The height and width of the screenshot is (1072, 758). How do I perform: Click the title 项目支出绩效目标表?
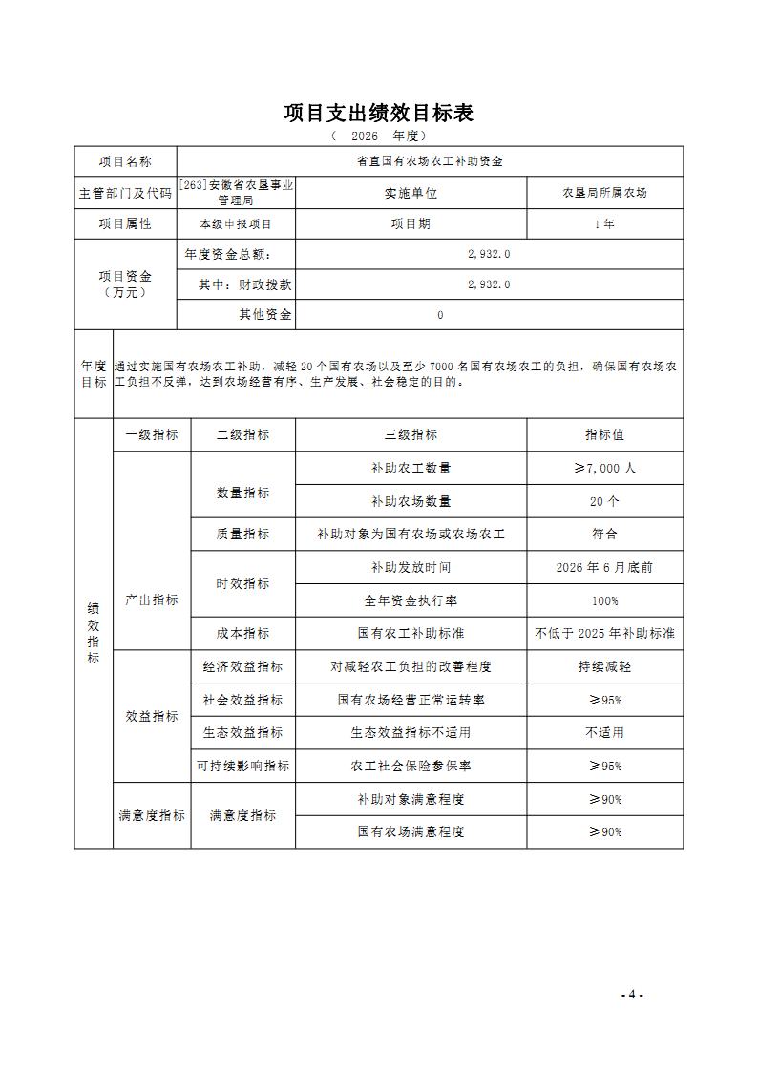pyautogui.click(x=379, y=113)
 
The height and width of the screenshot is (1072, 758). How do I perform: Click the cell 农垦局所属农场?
pyautogui.click(x=604, y=192)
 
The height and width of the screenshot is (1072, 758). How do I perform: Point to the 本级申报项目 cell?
pyautogui.click(x=235, y=223)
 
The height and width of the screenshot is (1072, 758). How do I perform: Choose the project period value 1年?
pyautogui.click(x=604, y=223)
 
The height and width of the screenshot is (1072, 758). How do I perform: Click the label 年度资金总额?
pyautogui.click(x=227, y=254)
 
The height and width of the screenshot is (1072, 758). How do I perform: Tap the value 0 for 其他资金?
pyautogui.click(x=439, y=315)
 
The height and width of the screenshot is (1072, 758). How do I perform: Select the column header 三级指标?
pyautogui.click(x=411, y=434)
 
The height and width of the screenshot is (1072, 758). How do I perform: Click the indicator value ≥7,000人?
pyautogui.click(x=604, y=468)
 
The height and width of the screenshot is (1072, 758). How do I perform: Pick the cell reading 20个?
pyautogui.click(x=604, y=501)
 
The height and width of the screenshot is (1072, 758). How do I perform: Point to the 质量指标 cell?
pyautogui.click(x=242, y=534)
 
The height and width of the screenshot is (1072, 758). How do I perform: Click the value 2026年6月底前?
pyautogui.click(x=604, y=567)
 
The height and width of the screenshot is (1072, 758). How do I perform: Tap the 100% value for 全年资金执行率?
pyautogui.click(x=604, y=600)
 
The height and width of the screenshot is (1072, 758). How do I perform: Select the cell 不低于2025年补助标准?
pyautogui.click(x=604, y=633)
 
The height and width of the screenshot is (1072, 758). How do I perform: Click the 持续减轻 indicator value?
pyautogui.click(x=604, y=666)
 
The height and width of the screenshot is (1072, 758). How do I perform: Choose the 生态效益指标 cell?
pyautogui.click(x=242, y=732)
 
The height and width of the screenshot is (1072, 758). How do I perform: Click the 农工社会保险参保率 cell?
pyautogui.click(x=411, y=766)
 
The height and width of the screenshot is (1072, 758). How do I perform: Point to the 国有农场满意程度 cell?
pyautogui.click(x=411, y=831)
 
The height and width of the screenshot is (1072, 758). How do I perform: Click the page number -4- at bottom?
pyautogui.click(x=632, y=994)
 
